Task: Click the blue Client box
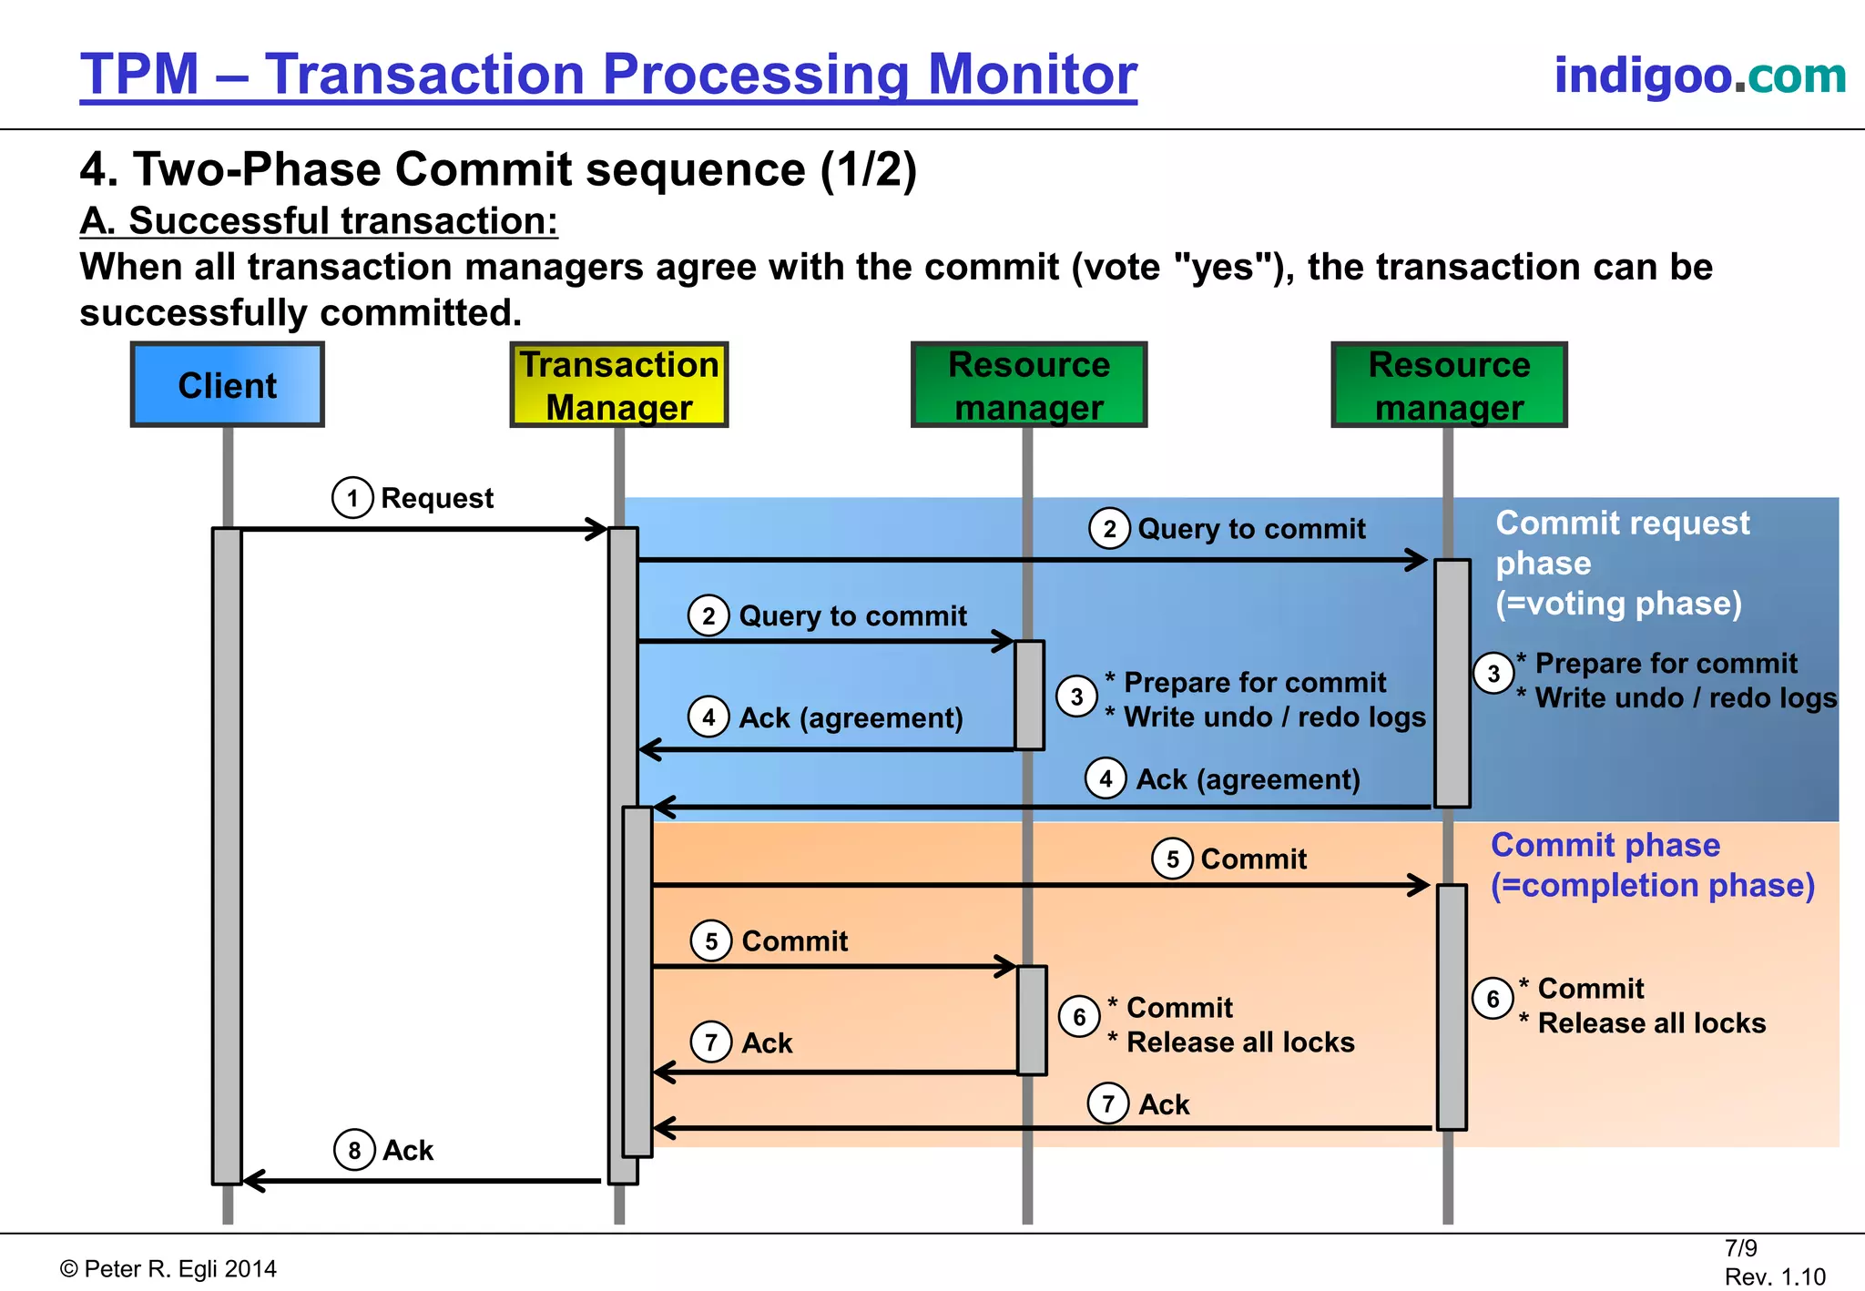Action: click(228, 385)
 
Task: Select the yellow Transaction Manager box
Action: click(619, 385)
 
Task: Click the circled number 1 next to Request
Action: click(352, 498)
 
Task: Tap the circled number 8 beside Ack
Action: click(354, 1151)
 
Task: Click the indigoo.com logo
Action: click(1699, 76)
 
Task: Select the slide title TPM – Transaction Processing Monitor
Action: click(608, 75)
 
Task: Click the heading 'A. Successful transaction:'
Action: click(319, 221)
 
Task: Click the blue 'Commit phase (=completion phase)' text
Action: click(1651, 865)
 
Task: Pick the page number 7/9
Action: click(1740, 1248)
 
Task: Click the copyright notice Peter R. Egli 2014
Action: click(169, 1269)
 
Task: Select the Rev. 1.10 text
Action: click(1774, 1276)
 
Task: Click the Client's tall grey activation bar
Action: click(227, 856)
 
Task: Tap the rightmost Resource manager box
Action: click(1449, 385)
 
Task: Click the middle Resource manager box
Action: click(1029, 385)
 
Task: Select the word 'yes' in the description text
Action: click(1226, 268)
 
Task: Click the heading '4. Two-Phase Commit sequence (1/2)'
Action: click(498, 170)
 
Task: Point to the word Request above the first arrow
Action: click(437, 499)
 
